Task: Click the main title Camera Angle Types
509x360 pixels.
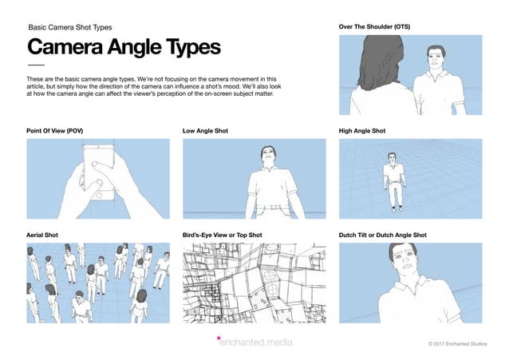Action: [x=124, y=47]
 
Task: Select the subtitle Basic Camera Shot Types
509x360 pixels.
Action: [x=70, y=27]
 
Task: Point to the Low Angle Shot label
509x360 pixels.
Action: [x=206, y=130]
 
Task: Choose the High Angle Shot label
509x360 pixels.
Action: [x=363, y=130]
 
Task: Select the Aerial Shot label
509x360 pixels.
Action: [x=43, y=235]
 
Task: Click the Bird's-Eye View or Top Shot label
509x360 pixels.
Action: [x=223, y=235]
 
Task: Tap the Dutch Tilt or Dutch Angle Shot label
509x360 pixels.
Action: [x=383, y=235]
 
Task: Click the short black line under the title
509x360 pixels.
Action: [x=37, y=65]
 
